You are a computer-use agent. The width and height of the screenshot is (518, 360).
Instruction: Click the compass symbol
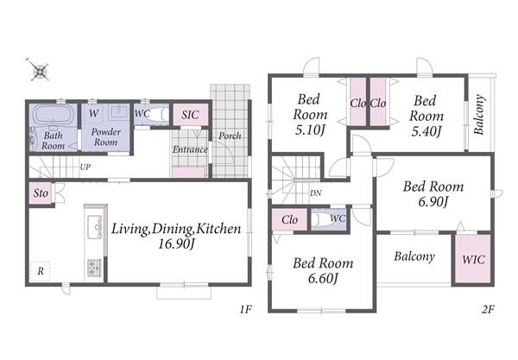40,70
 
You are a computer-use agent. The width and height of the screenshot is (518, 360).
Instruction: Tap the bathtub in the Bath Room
53,114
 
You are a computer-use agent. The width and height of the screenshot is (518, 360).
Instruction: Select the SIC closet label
190,115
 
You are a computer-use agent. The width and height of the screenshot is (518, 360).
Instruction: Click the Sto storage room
41,193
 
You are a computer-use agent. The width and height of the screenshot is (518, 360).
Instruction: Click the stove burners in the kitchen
94,268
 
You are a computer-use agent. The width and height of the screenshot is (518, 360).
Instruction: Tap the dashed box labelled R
41,271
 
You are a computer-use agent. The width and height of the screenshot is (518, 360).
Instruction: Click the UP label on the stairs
85,167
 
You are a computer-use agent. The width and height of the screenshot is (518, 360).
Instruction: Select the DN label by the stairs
315,193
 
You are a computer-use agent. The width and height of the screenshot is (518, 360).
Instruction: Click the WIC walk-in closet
473,259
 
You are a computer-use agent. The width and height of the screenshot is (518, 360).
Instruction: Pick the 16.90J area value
175,244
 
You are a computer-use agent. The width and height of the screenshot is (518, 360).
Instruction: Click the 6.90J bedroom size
433,201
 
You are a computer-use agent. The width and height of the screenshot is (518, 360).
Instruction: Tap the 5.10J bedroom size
310,129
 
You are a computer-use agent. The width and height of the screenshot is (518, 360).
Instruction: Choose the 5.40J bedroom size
426,131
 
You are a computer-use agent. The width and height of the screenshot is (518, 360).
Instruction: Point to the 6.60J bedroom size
323,279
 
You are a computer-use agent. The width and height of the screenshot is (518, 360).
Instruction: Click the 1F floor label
246,310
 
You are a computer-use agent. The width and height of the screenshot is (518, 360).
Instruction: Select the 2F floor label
488,310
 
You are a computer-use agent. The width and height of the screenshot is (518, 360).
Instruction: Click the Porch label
230,136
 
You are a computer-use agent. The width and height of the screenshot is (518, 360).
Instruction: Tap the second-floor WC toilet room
329,219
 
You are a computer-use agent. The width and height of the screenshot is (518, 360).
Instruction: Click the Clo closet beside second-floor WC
290,219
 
